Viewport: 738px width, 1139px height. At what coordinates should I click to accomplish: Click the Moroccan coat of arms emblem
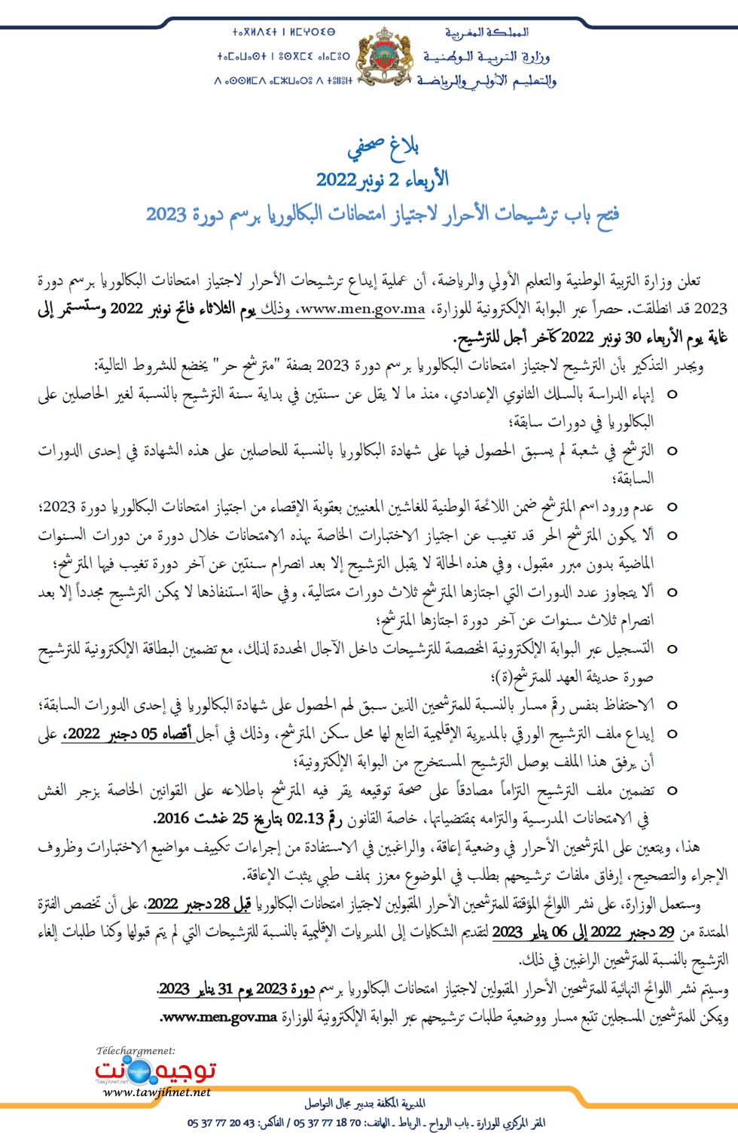(x=385, y=56)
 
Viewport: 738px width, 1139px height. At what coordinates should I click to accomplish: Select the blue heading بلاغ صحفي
(x=383, y=148)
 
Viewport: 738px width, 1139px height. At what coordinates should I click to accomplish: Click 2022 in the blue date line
(x=336, y=180)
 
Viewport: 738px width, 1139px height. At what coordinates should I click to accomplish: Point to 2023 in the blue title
(x=166, y=214)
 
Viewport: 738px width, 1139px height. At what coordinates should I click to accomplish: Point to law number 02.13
(x=305, y=818)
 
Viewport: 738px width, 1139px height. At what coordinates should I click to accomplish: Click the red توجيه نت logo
(x=155, y=1070)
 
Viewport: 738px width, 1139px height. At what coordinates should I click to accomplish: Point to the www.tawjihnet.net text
(x=156, y=1092)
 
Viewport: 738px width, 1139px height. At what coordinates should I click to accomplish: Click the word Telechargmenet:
(x=136, y=1050)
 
